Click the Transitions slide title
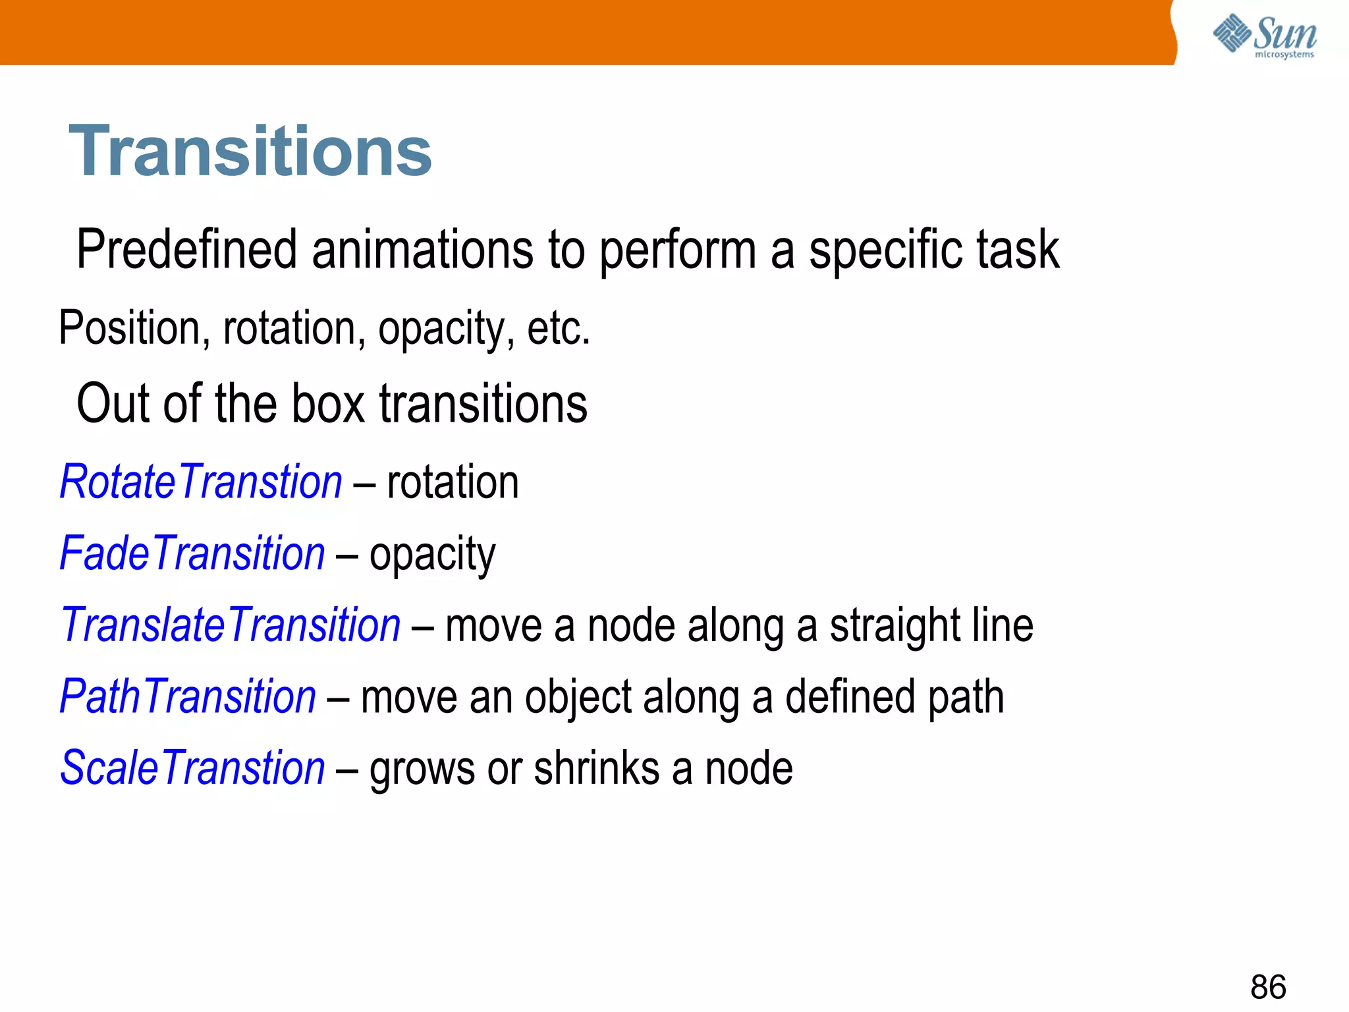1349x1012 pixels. coord(250,152)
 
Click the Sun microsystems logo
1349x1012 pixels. coord(1265,36)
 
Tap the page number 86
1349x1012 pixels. coord(1268,987)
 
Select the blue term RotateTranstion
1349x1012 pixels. coord(201,482)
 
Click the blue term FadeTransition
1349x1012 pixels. coord(192,553)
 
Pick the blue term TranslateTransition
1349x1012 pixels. coord(231,625)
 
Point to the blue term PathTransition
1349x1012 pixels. coord(188,697)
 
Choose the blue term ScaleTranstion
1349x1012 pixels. coord(192,768)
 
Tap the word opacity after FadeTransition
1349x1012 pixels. coord(432,555)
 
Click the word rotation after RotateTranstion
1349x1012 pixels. coord(453,482)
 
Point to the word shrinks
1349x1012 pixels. coord(597,768)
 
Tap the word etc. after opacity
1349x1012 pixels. coord(559,328)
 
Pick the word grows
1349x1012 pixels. coord(422,770)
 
